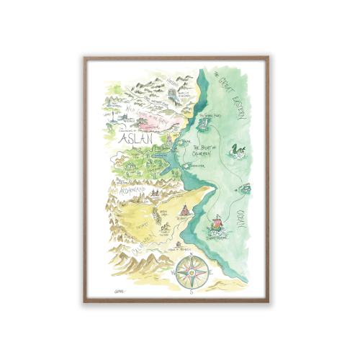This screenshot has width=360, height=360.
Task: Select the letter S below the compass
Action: [x=191, y=293]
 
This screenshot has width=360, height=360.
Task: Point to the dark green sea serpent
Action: [x=238, y=151]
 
